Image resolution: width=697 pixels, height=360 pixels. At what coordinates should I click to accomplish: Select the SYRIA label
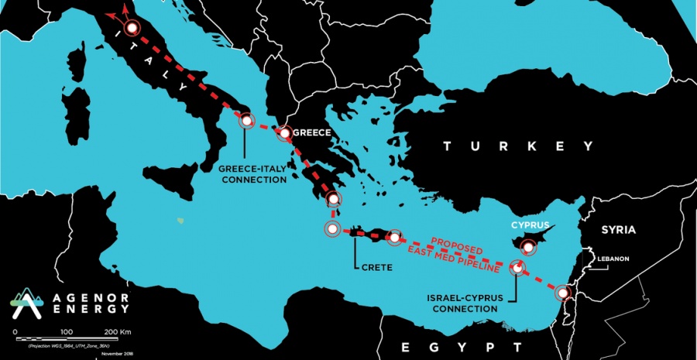(618, 230)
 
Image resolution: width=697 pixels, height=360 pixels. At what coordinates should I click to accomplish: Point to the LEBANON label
(612, 259)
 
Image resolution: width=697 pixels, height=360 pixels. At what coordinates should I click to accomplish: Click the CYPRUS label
(530, 226)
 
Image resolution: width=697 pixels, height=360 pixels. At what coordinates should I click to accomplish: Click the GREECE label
(313, 132)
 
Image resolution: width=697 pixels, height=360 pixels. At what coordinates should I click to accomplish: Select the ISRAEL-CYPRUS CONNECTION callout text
(462, 302)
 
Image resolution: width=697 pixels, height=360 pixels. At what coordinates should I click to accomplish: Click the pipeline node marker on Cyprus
(528, 248)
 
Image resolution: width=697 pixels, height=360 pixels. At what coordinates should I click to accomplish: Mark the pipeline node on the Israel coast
(562, 293)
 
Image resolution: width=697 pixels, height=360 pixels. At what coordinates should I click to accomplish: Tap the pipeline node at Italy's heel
(246, 121)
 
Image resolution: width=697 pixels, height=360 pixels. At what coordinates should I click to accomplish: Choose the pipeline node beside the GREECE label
(285, 133)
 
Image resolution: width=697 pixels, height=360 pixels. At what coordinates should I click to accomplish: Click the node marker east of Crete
(394, 238)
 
